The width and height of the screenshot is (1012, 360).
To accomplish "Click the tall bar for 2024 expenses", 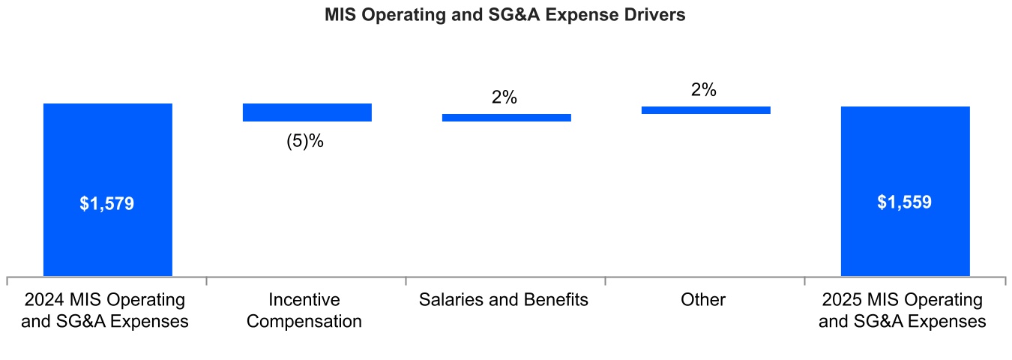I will [x=108, y=150].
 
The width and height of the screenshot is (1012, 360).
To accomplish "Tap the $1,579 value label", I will [x=106, y=203].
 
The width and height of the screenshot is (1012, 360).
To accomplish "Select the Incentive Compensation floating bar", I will [x=307, y=112].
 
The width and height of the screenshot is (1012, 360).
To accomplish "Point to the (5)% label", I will [x=305, y=141].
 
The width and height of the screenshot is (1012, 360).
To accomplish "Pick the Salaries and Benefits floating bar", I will [x=507, y=117].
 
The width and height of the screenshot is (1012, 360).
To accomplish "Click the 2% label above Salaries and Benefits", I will [x=505, y=97].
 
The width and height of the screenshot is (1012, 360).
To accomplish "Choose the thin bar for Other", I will [x=706, y=110].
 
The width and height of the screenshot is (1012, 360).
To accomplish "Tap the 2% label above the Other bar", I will [x=704, y=90].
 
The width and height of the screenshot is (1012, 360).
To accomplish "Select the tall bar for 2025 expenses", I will [x=906, y=150].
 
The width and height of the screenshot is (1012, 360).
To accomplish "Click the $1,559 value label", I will [x=905, y=202].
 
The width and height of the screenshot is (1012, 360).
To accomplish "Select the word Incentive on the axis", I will [x=304, y=300].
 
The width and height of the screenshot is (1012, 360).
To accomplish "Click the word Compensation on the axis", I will [x=304, y=322].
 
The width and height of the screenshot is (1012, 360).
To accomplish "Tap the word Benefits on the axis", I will [x=555, y=300].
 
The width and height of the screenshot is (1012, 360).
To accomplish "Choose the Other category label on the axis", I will [x=703, y=300].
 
